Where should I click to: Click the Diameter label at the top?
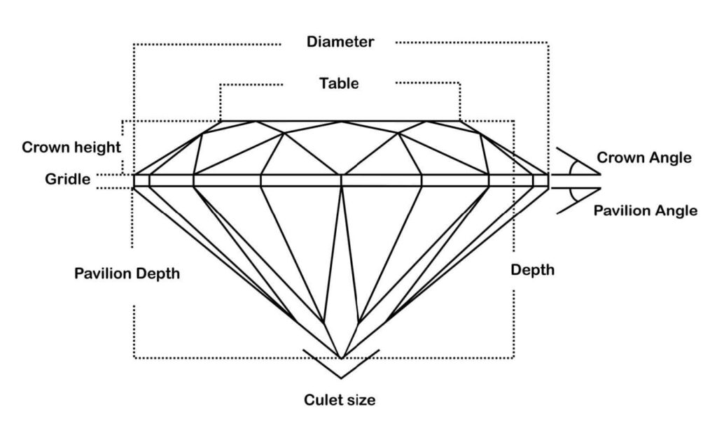point(340,42)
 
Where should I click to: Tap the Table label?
point(339,83)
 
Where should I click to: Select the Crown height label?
point(71,148)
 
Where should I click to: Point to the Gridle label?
point(68,180)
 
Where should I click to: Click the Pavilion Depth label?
point(127,273)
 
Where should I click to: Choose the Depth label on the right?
point(532,270)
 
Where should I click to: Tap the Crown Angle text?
point(643,158)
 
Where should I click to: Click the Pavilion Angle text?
point(645,210)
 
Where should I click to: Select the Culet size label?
point(340,401)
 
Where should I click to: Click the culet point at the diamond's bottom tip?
point(341,357)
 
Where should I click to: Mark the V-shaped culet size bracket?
point(341,361)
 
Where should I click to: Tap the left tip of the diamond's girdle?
point(134,180)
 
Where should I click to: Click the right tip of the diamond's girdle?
point(548,180)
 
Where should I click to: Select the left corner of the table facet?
point(221,121)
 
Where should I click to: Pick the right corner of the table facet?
point(460,121)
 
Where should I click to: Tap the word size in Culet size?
point(361,401)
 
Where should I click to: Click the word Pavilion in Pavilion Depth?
point(102,273)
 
